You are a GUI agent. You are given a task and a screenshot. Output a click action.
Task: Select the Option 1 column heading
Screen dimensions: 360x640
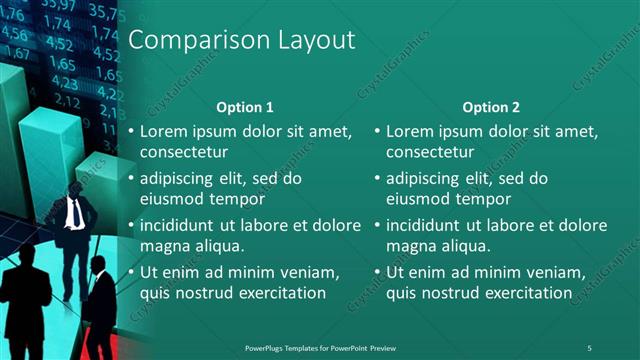pos(245,107)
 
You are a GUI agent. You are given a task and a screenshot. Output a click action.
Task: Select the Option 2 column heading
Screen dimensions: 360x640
pos(491,107)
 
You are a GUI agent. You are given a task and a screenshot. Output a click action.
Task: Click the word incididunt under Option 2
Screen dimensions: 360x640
pos(428,225)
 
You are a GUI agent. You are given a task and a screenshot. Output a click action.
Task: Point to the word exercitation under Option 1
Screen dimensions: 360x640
pos(277,293)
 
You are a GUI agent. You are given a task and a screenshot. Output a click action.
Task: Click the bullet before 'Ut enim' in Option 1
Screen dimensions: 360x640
pos(131,272)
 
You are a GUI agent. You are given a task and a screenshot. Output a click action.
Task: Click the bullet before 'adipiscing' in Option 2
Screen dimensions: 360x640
pos(377,178)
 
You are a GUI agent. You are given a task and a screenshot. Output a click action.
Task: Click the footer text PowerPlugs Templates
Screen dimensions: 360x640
pos(290,347)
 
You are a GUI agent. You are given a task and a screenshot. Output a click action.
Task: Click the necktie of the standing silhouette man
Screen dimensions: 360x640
pos(74,213)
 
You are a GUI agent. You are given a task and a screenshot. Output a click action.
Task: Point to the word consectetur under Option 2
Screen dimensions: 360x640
pos(430,152)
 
